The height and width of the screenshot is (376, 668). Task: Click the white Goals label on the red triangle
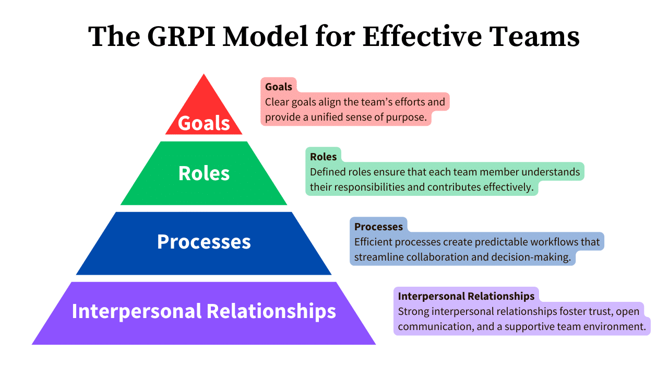204,123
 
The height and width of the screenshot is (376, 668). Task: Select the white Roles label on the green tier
204,173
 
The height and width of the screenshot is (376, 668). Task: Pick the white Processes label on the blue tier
204,242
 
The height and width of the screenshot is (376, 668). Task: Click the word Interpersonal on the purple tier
137,311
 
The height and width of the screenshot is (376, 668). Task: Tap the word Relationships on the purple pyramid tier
271,311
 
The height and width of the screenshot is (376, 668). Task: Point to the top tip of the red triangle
204,75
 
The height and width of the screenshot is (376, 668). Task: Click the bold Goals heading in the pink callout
279,87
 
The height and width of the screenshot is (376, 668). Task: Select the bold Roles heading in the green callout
323,157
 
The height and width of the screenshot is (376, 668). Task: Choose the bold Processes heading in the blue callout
378,227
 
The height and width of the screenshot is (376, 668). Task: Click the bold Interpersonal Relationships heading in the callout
466,296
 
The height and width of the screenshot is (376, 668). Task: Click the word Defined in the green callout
326,172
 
